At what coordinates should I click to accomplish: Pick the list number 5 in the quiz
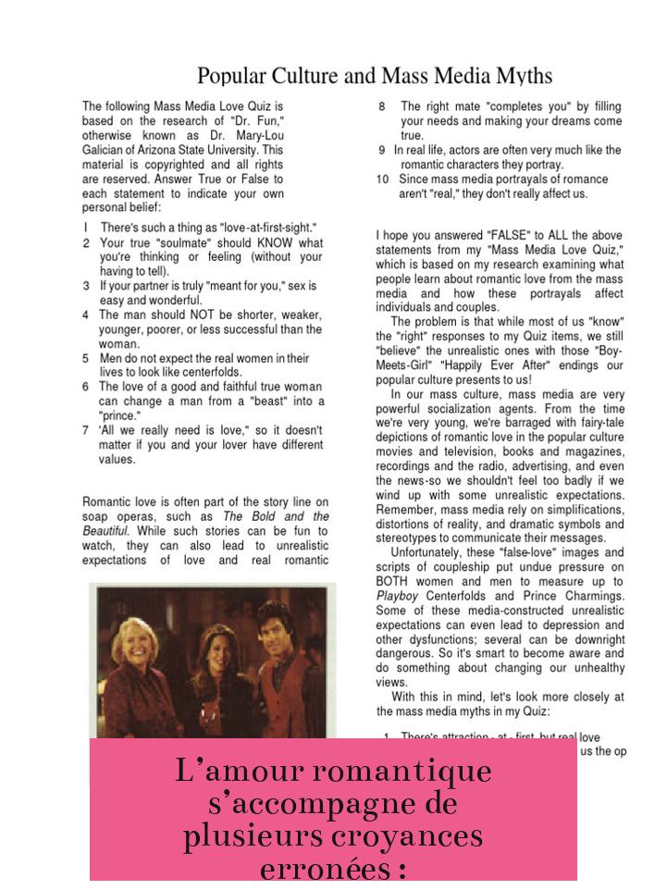pos(85,358)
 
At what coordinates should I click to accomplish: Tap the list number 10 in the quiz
pos(382,179)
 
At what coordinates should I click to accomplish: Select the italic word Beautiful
pos(105,531)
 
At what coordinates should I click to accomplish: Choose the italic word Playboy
pos(398,596)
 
